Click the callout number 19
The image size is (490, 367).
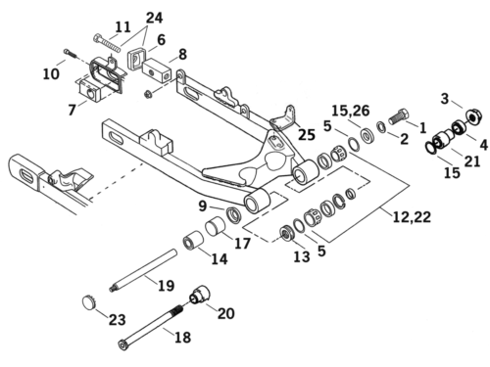[167, 286]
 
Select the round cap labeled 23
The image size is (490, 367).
[88, 302]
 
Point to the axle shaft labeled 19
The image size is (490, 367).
[143, 271]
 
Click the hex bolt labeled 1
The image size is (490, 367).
[399, 116]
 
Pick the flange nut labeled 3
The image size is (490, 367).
[472, 116]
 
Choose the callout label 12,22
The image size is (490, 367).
[412, 216]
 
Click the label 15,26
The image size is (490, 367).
[351, 111]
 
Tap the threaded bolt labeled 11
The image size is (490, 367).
[107, 42]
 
